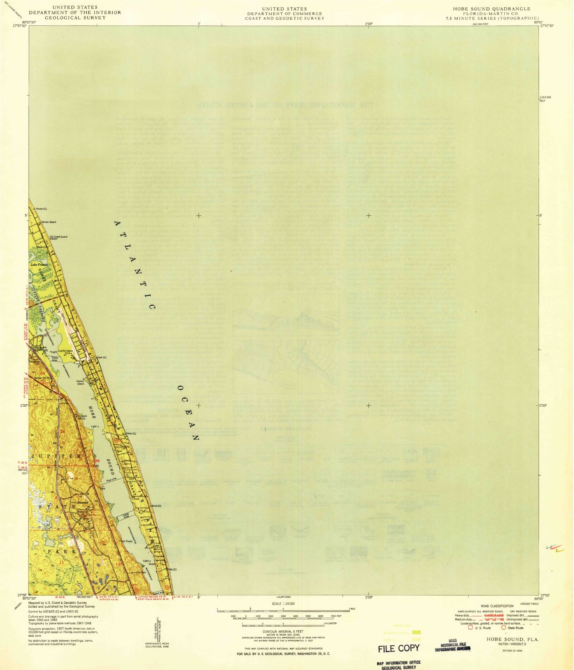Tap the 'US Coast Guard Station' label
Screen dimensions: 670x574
click(58, 238)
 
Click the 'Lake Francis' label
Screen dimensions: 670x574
click(39, 265)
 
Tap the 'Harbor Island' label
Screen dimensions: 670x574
click(80, 382)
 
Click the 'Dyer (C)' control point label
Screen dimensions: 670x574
click(102, 357)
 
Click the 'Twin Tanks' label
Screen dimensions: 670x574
click(126, 542)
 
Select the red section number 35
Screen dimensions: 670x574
click(62, 431)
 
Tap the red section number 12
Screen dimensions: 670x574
click(118, 564)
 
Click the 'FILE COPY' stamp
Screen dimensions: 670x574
click(398, 648)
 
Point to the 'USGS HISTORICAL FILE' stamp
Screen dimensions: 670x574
click(452, 647)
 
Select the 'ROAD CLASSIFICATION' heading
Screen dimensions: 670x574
click(497, 606)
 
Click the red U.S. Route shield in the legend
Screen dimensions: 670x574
click(471, 628)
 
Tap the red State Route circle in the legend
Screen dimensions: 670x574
click(504, 628)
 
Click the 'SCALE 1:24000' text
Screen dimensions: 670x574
click(283, 604)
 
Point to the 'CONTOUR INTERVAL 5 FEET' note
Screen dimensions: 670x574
click(283, 631)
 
